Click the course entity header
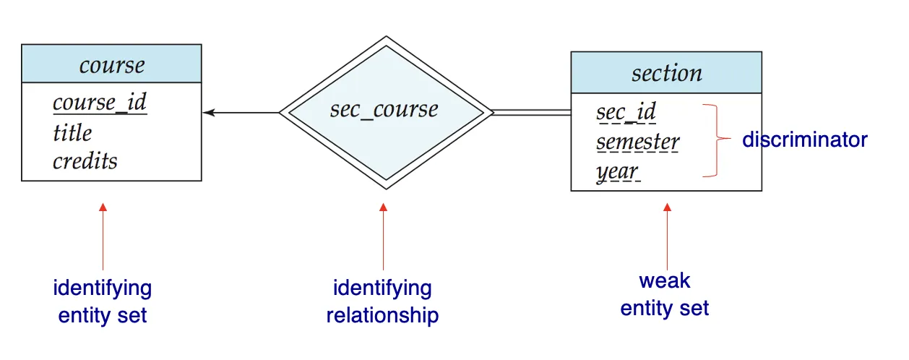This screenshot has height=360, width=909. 111,64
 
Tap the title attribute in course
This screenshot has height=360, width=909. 73,132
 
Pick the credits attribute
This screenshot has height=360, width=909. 85,160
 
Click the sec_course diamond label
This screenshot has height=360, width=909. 384,110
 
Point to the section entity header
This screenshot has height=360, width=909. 666,72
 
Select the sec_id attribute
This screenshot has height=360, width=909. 626,112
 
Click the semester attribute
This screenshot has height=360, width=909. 637,142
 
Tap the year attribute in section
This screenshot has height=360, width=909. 618,172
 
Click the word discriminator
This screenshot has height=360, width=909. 805,140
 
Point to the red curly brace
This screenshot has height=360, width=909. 717,140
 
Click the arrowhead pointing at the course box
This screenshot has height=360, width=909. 209,113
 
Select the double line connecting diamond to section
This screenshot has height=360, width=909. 532,113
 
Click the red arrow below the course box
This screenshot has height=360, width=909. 103,236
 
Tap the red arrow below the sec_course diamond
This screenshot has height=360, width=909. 383,236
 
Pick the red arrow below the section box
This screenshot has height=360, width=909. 667,236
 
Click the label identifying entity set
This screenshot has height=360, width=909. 103,301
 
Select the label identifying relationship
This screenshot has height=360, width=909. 383,301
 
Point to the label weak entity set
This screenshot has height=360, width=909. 665,294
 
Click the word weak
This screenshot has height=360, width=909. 665,281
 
